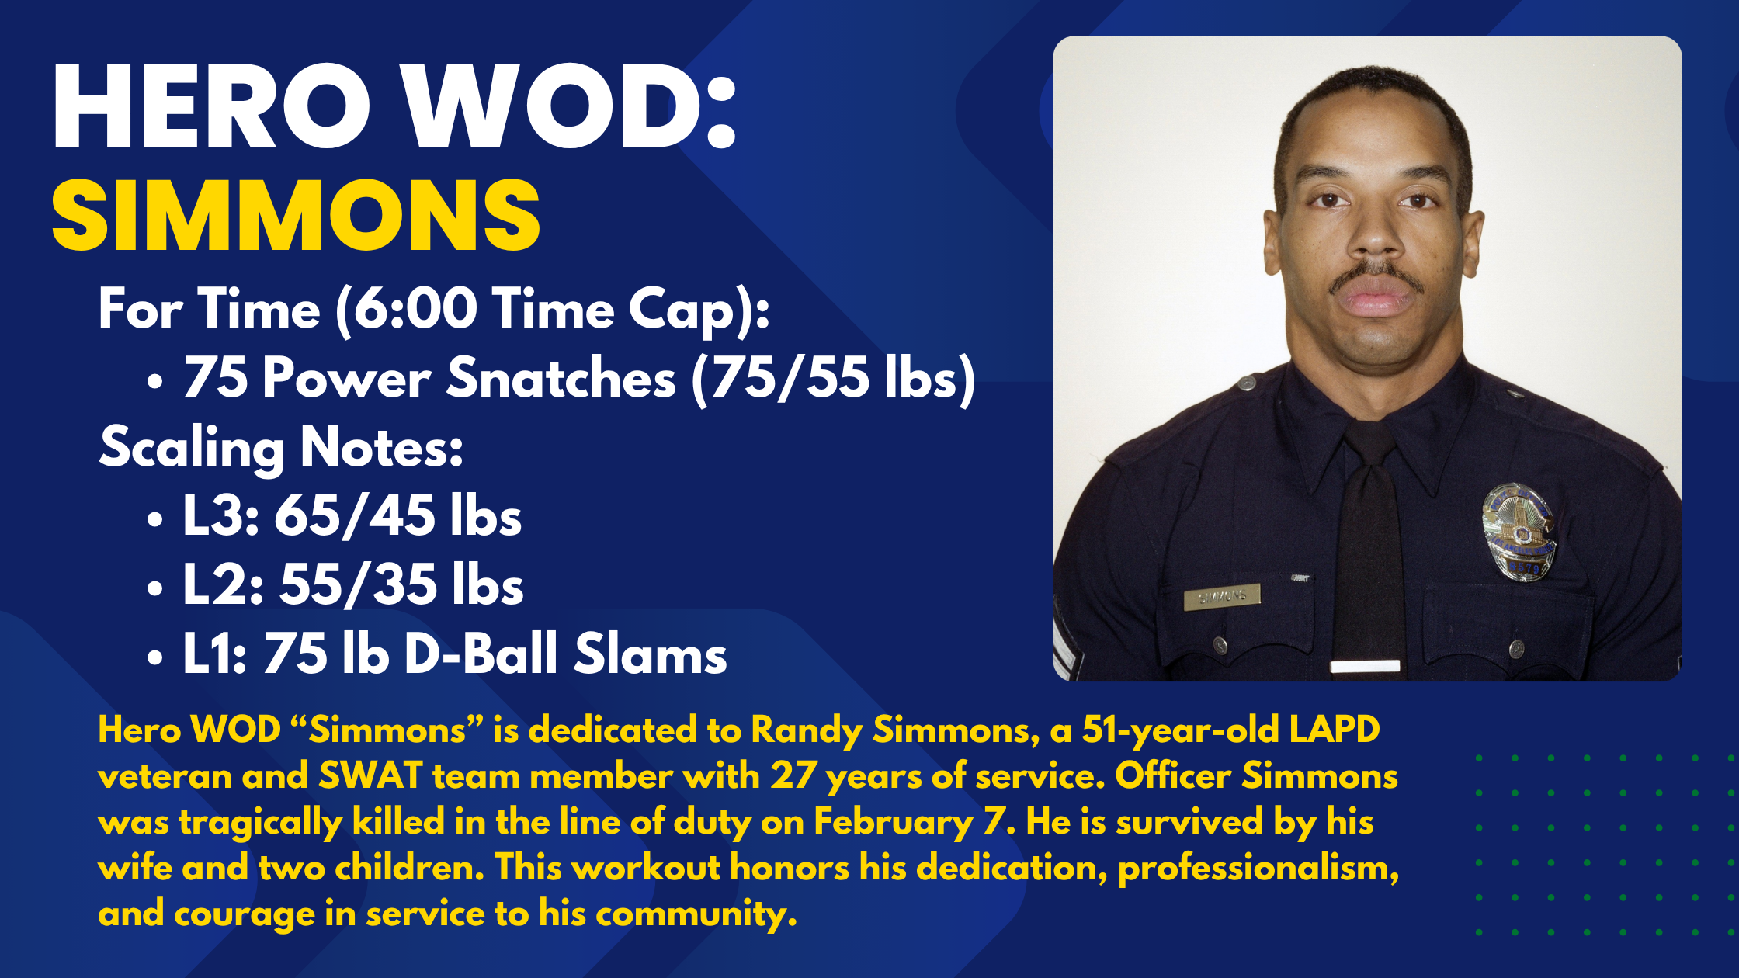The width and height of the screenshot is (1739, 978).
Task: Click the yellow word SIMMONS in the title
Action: point(296,215)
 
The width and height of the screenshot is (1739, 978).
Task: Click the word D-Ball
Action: point(481,654)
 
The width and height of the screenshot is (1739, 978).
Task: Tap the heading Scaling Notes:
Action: point(281,448)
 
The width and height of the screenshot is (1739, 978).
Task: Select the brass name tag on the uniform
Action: point(1221,596)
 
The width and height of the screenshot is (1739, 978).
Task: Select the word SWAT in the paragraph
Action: point(370,776)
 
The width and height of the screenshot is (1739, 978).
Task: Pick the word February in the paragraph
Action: point(893,822)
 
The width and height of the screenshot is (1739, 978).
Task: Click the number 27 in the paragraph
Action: point(793,776)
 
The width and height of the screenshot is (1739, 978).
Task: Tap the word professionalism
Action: point(1258,868)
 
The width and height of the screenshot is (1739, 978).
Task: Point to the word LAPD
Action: point(1335,730)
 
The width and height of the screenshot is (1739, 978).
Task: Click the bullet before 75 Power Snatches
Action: point(155,381)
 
